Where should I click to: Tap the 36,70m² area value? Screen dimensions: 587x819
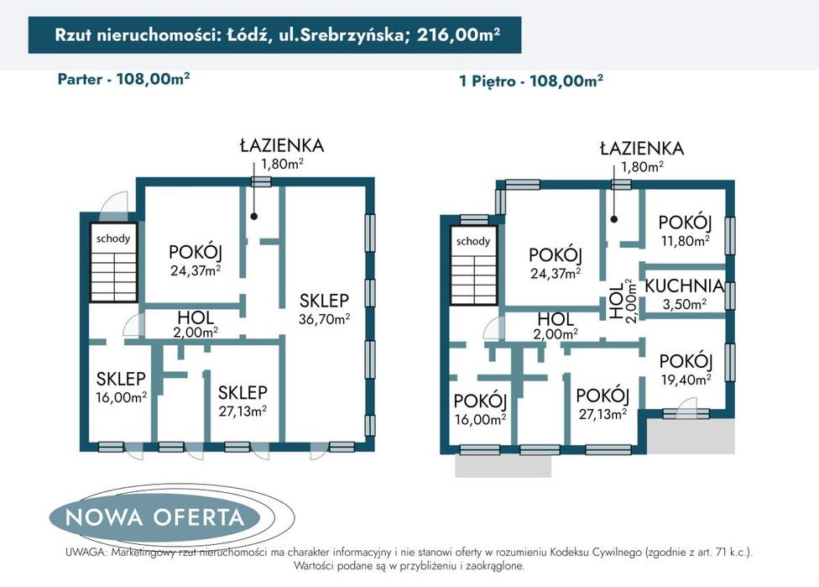324,319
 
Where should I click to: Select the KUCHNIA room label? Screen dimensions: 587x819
684,286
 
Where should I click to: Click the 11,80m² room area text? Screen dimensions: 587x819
685,239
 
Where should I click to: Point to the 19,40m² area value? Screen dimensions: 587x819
686,379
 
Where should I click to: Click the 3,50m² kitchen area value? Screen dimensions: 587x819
684,304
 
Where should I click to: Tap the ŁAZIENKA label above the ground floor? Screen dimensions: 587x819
281,145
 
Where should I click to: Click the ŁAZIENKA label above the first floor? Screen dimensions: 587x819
642,149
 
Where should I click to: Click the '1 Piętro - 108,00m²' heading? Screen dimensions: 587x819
530,81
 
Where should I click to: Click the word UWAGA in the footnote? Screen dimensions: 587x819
85,553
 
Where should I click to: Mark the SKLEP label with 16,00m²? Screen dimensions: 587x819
122,379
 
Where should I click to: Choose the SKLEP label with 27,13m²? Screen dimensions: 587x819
243,392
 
